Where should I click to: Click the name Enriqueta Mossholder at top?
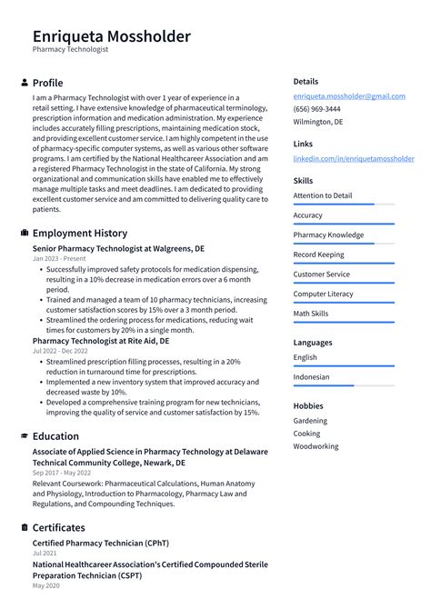(112, 36)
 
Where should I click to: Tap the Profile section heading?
(47, 83)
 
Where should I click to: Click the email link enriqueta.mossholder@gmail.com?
(349, 96)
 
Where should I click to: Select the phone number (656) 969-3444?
(316, 108)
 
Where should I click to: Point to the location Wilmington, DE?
(318, 121)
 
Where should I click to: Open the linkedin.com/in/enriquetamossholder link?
(353, 158)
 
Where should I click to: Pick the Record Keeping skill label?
(318, 255)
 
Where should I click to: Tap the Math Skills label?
(312, 313)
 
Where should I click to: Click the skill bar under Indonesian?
(343, 385)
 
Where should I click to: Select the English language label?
(305, 357)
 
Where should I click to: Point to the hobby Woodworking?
(316, 446)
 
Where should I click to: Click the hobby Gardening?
(310, 421)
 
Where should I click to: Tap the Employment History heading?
(79, 233)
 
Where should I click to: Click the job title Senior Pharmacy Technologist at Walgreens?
(118, 247)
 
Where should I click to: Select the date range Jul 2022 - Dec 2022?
(60, 350)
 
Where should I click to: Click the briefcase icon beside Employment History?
(25, 233)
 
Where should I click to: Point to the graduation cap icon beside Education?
(25, 436)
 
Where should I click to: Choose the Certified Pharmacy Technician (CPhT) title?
(99, 543)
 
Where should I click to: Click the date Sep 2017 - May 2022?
(61, 473)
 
